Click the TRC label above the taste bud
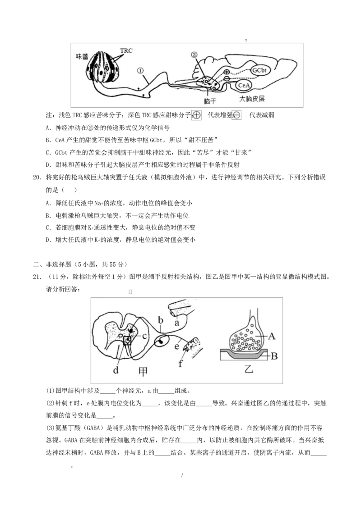click(x=126, y=51)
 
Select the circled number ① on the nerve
click(x=140, y=71)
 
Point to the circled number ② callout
click(x=194, y=55)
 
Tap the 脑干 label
click(x=210, y=101)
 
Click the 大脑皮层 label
click(x=252, y=99)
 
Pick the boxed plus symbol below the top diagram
click(x=196, y=115)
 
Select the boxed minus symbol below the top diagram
click(x=236, y=115)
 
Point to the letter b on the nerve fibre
click(x=160, y=320)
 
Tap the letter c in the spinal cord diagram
click(x=144, y=336)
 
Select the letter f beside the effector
click(x=180, y=364)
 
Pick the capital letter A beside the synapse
click(x=272, y=336)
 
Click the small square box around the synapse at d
click(x=128, y=341)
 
